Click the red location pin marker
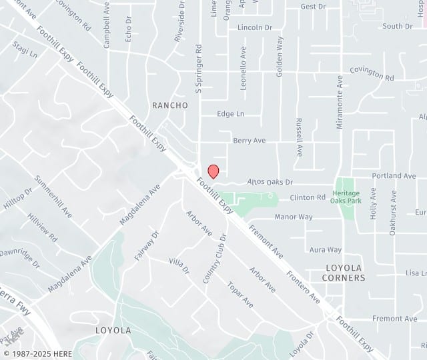(213, 171)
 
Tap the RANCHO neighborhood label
(170, 105)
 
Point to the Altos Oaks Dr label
(270, 181)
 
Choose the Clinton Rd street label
(308, 197)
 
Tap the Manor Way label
(293, 217)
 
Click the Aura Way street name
(325, 250)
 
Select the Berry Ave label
(249, 141)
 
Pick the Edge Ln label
(230, 114)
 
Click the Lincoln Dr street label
(255, 27)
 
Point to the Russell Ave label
(300, 137)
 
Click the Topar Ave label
(240, 295)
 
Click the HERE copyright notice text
(37, 353)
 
